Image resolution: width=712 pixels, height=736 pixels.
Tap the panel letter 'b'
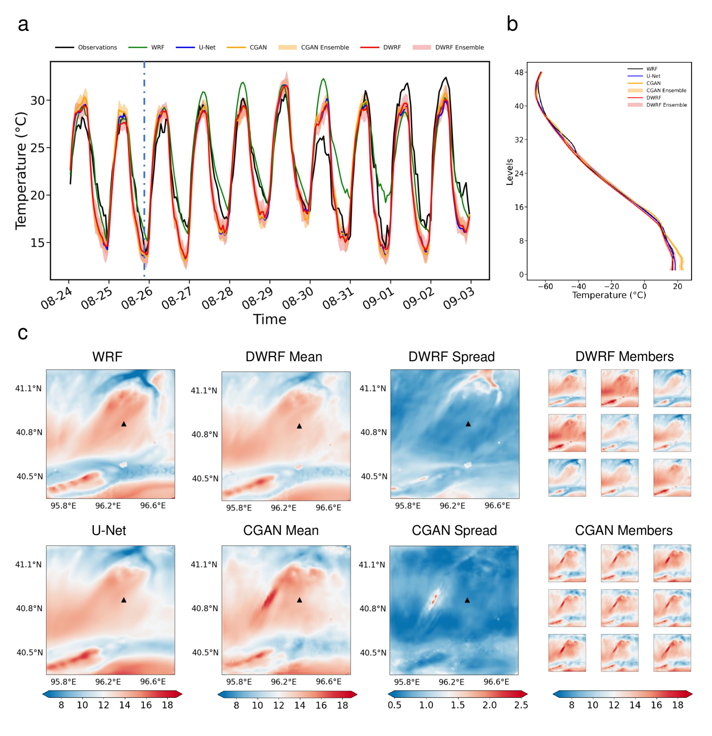coord(512,24)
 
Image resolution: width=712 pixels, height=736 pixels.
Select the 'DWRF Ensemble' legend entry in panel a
coord(459,48)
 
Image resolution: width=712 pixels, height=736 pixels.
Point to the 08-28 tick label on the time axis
coord(217,299)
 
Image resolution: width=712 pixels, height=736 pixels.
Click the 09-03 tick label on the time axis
coord(459,299)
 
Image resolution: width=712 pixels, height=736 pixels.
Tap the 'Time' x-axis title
coord(270,319)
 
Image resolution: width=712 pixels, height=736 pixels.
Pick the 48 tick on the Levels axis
coord(519,72)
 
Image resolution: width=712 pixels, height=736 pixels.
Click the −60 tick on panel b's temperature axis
coord(545,286)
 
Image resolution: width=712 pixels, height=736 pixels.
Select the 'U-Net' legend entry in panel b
coord(653,76)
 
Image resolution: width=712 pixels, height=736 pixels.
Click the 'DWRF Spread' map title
coord(451,357)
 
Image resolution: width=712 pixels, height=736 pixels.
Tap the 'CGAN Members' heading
coord(623,531)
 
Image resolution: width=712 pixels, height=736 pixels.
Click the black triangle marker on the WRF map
coord(124,424)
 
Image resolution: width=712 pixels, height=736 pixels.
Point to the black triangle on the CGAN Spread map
coord(467,600)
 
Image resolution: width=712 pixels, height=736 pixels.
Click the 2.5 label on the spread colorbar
coord(521,705)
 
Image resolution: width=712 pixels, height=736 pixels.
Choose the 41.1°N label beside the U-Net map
coord(29,565)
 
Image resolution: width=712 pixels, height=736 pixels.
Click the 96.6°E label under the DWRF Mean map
coord(328,508)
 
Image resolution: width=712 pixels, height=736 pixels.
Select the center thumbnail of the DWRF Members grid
coord(619,433)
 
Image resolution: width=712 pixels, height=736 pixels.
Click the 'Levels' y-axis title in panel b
coord(510,171)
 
